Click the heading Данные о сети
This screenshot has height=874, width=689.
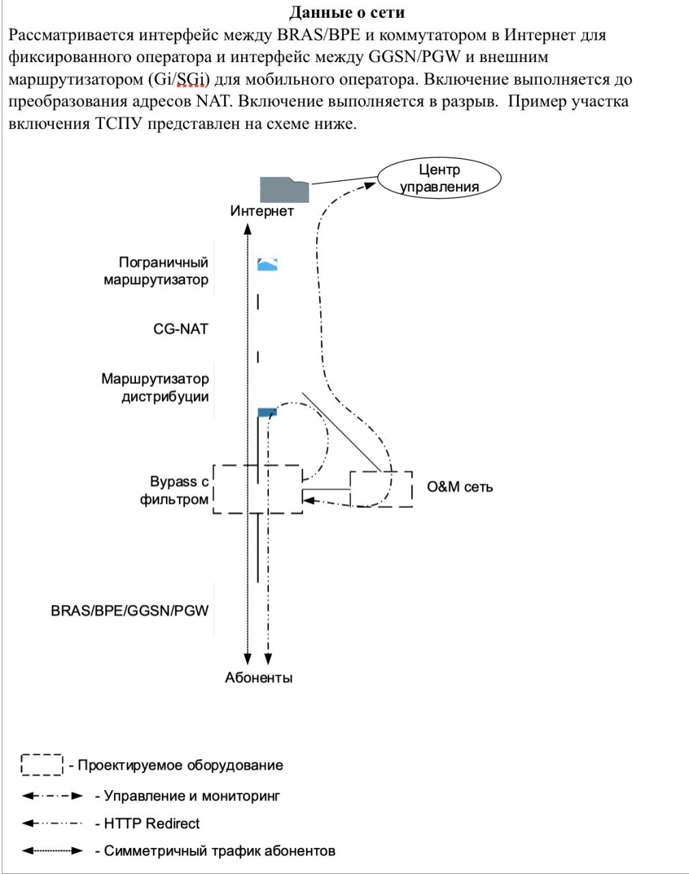point(347,12)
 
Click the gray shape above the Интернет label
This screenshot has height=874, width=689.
point(284,190)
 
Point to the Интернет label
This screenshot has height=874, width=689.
point(262,211)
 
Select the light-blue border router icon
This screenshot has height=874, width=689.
point(267,264)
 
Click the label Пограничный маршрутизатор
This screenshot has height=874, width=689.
point(156,271)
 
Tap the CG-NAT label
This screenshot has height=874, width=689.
point(180,328)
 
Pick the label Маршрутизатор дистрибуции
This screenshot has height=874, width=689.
point(155,387)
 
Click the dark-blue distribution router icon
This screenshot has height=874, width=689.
point(267,412)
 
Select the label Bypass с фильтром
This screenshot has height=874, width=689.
point(174,490)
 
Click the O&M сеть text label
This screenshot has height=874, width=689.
point(460,487)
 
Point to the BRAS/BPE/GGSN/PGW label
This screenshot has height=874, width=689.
point(130,610)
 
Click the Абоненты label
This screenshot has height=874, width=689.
point(259,677)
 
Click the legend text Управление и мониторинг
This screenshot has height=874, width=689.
point(188,795)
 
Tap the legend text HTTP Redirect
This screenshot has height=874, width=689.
point(147,823)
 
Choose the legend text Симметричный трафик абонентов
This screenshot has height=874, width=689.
point(215,851)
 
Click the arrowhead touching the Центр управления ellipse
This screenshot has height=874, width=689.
point(369,186)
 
